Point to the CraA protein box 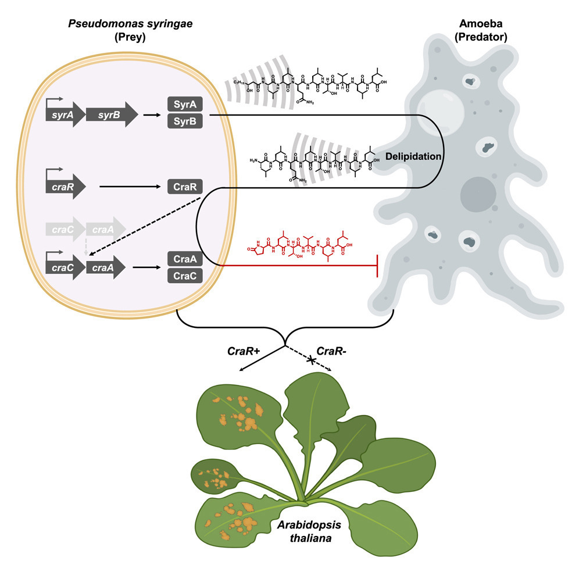pyautogui.click(x=185, y=258)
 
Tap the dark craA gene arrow pyautogui.click(x=106, y=267)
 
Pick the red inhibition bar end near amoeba pyautogui.click(x=378, y=266)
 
